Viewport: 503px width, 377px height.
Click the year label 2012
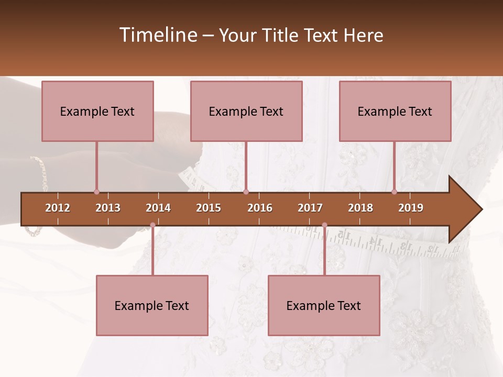pyautogui.click(x=58, y=208)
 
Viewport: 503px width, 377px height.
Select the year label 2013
pyautogui.click(x=108, y=208)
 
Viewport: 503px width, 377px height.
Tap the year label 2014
pyautogui.click(x=158, y=208)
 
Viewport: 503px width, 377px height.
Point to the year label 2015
pyautogui.click(x=209, y=208)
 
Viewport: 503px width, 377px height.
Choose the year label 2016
pyautogui.click(x=260, y=208)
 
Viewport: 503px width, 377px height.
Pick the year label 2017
pyautogui.click(x=310, y=208)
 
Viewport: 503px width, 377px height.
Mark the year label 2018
pyautogui.click(x=360, y=208)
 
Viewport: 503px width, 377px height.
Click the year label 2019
pyautogui.click(x=411, y=208)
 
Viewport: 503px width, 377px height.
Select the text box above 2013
pyautogui.click(x=97, y=111)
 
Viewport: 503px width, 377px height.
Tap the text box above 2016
pyautogui.click(x=246, y=111)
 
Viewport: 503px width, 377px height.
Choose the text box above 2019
pyautogui.click(x=395, y=111)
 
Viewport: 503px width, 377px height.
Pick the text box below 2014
pyautogui.click(x=152, y=305)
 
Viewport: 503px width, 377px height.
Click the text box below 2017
pyautogui.click(x=324, y=305)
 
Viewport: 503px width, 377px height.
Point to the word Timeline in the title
pyautogui.click(x=157, y=35)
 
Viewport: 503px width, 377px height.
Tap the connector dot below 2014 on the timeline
pyautogui.click(x=152, y=225)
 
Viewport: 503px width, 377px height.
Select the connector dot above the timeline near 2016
pyautogui.click(x=246, y=192)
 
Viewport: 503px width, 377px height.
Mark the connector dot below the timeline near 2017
pyautogui.click(x=324, y=225)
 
